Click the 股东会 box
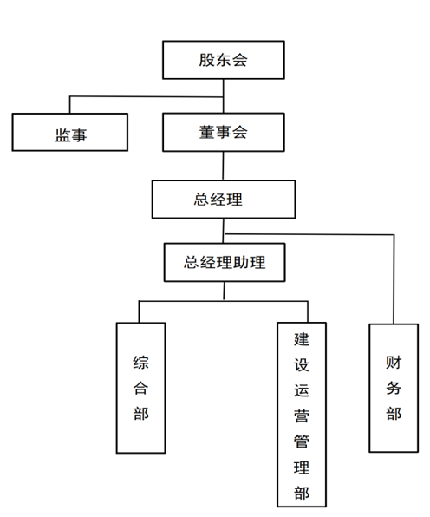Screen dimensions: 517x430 pos(225,61)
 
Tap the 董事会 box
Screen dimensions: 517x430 pos(225,133)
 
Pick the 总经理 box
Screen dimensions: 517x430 pos(225,200)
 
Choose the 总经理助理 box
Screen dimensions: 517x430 pos(225,263)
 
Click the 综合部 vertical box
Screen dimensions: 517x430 pos(141,387)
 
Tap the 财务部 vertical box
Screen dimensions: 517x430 pos(394,387)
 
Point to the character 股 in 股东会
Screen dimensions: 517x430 pos(205,61)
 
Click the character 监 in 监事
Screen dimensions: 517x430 pos(61,135)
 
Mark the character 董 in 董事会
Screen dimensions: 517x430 pos(205,133)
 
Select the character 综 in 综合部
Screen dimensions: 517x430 pos(141,360)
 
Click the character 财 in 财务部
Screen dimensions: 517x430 pos(394,360)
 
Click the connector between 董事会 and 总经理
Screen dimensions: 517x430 pos(225,166)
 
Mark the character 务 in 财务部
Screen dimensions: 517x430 pos(394,387)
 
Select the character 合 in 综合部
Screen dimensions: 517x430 pos(141,387)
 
